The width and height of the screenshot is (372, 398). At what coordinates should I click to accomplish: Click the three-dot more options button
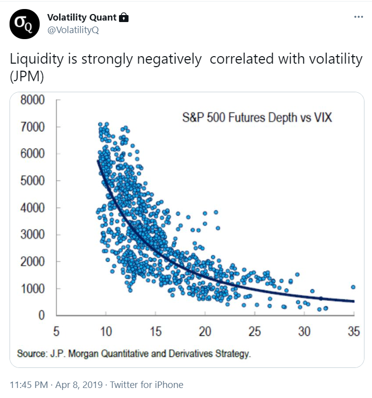click(x=358, y=17)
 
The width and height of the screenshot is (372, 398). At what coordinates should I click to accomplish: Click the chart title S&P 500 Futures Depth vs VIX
click(x=257, y=119)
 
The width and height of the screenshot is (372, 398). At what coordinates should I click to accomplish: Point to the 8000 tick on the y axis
click(x=34, y=100)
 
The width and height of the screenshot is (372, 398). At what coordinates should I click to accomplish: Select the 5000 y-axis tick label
click(x=34, y=180)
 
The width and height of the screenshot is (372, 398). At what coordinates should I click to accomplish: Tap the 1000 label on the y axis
click(x=34, y=289)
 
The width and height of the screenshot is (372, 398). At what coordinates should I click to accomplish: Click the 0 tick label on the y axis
click(x=42, y=316)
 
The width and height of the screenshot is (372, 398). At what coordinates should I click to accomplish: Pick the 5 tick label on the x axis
click(x=56, y=332)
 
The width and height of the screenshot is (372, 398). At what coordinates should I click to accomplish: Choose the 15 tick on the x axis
click(x=155, y=332)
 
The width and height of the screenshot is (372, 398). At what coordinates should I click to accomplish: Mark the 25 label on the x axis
click(x=255, y=332)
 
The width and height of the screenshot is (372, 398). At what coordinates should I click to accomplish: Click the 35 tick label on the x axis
click(x=353, y=332)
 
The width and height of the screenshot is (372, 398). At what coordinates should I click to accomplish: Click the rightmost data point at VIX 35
click(x=353, y=287)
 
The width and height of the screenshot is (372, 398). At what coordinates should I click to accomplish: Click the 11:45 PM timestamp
click(x=30, y=385)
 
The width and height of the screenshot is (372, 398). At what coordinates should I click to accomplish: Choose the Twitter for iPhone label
click(x=147, y=385)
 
